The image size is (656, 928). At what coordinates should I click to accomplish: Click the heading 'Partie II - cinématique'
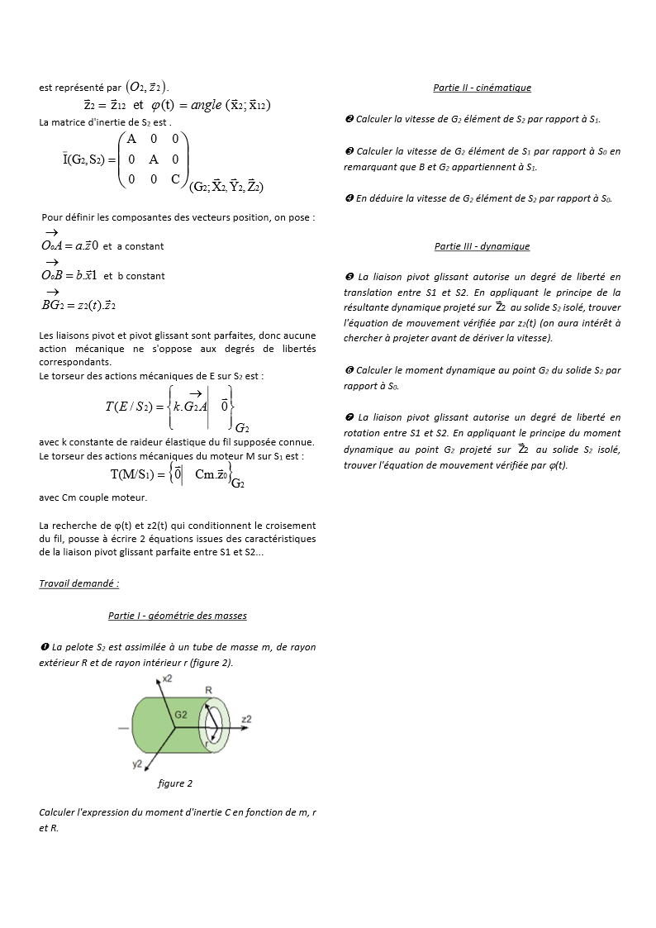pos(482,88)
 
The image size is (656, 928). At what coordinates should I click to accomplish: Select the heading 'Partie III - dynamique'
pos(482,246)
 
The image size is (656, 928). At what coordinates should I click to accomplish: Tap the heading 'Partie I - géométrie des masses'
pos(177,616)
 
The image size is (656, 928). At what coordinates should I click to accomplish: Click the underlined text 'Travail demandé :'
pos(79,583)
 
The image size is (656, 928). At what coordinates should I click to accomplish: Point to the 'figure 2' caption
pos(175,783)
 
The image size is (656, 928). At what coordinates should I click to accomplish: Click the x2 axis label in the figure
pos(167,678)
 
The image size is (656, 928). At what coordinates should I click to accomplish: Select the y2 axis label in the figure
pos(137,764)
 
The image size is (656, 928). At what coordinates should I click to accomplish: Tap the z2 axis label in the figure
pos(246,720)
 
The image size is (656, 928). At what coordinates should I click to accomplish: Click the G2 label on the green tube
pos(180,713)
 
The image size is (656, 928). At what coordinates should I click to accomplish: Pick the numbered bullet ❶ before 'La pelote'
pos(44,647)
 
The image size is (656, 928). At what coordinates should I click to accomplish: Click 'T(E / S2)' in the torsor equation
pos(127,406)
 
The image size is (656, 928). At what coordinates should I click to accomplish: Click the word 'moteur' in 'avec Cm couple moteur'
pos(133,497)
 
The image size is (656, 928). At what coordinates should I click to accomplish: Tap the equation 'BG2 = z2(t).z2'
pos(78,305)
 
